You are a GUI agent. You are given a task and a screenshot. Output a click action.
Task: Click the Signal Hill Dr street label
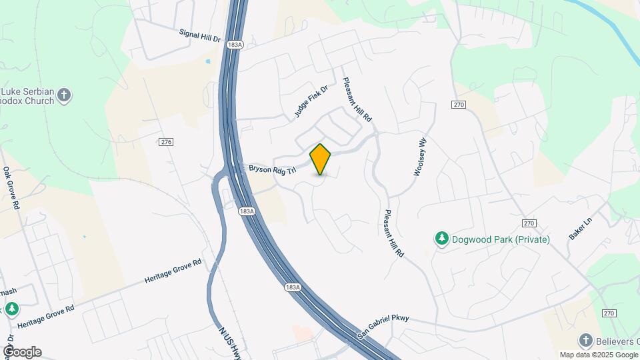[200, 35]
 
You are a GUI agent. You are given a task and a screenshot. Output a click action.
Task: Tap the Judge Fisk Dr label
[312, 102]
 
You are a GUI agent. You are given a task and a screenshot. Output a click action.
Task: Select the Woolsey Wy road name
[419, 156]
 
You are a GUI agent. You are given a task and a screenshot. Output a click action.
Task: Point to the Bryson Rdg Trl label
[272, 170]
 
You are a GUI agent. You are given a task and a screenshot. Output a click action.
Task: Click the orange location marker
[320, 159]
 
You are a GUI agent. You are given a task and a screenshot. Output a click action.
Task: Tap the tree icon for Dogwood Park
[441, 239]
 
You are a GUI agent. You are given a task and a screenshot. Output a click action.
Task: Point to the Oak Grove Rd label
[10, 189]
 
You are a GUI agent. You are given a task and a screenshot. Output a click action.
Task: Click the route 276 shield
[167, 142]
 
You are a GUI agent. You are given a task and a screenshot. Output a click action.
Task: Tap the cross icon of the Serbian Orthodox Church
[64, 94]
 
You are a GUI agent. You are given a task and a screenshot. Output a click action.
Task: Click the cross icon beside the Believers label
[585, 341]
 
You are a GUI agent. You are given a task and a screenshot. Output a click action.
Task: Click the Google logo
[22, 352]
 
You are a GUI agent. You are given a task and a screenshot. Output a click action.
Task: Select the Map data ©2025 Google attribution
[599, 355]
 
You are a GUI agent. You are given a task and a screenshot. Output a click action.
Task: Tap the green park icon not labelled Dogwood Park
[11, 309]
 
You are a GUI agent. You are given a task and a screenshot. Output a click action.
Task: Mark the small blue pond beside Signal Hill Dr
[208, 61]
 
